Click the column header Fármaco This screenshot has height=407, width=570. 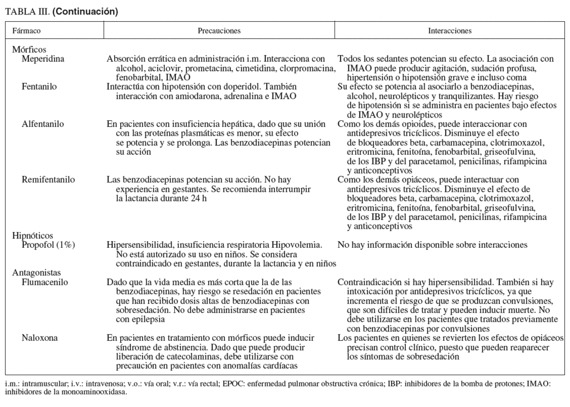tap(26, 31)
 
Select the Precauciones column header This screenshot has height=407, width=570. tap(219, 31)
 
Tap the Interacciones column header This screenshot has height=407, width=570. tap(450, 31)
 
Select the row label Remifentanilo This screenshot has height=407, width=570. tap(48, 180)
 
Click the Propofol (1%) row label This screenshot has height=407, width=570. tap(48, 245)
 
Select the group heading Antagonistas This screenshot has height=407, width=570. tap(35, 273)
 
